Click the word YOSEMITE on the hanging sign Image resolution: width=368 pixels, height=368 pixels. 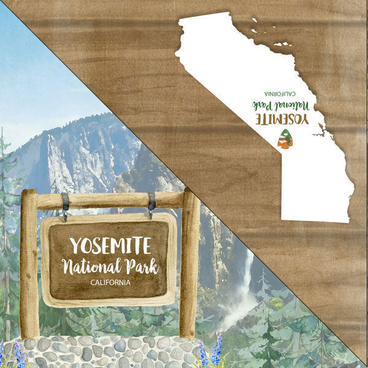coord(110,245)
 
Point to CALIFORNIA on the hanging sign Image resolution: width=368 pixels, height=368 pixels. coord(110,283)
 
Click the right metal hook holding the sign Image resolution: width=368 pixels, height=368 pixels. coord(150,204)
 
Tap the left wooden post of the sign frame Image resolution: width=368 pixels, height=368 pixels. coord(29,264)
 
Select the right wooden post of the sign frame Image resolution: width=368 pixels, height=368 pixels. coord(190,264)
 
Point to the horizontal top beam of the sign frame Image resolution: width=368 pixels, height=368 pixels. coord(110,200)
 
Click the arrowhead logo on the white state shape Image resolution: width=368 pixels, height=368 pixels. coord(283,140)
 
